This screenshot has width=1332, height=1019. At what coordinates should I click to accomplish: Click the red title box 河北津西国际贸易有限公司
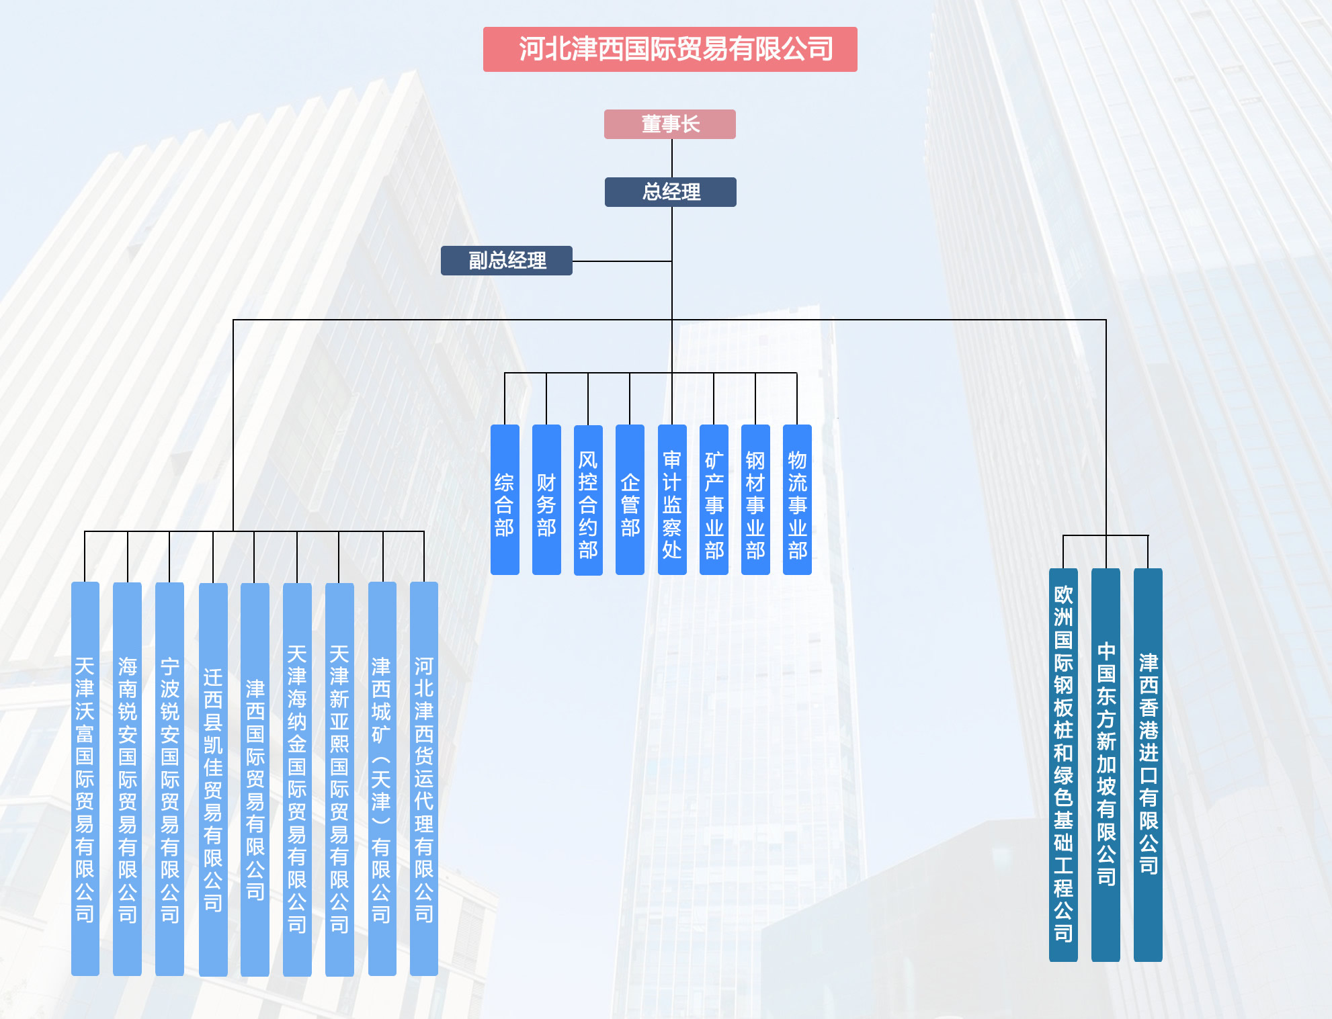[x=670, y=49]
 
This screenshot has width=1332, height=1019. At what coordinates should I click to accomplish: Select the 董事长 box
[x=670, y=124]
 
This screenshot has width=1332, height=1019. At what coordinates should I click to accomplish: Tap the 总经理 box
[x=671, y=192]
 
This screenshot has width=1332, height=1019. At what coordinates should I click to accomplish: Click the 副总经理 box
[x=507, y=261]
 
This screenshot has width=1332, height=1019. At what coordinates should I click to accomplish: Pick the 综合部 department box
[x=505, y=500]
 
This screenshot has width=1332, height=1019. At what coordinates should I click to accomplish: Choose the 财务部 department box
[x=546, y=500]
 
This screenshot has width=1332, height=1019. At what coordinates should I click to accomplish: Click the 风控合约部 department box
[x=588, y=500]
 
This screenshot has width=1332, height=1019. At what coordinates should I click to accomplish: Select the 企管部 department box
[x=630, y=500]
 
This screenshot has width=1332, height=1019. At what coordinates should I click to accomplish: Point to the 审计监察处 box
[x=672, y=500]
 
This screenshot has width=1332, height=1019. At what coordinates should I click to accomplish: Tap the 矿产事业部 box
[x=714, y=500]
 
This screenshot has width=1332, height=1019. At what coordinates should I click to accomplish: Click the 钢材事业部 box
[x=755, y=500]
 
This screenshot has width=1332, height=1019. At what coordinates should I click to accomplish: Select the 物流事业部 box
[x=797, y=500]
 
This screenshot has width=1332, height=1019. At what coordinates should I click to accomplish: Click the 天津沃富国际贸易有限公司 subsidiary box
[x=85, y=779]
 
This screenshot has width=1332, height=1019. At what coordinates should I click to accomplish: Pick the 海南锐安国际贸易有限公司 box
[x=127, y=779]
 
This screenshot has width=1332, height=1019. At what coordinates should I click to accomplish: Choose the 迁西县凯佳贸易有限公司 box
[x=213, y=779]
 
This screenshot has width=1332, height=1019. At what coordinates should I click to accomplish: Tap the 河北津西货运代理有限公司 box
[x=424, y=779]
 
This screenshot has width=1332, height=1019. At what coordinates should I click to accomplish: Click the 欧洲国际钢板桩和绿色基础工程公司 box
[x=1063, y=765]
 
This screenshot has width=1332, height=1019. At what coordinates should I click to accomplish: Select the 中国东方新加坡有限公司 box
[x=1106, y=765]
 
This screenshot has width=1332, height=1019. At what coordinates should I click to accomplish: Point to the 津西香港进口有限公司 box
[x=1148, y=765]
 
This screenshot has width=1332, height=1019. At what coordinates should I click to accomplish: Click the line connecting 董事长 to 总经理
[x=672, y=159]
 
